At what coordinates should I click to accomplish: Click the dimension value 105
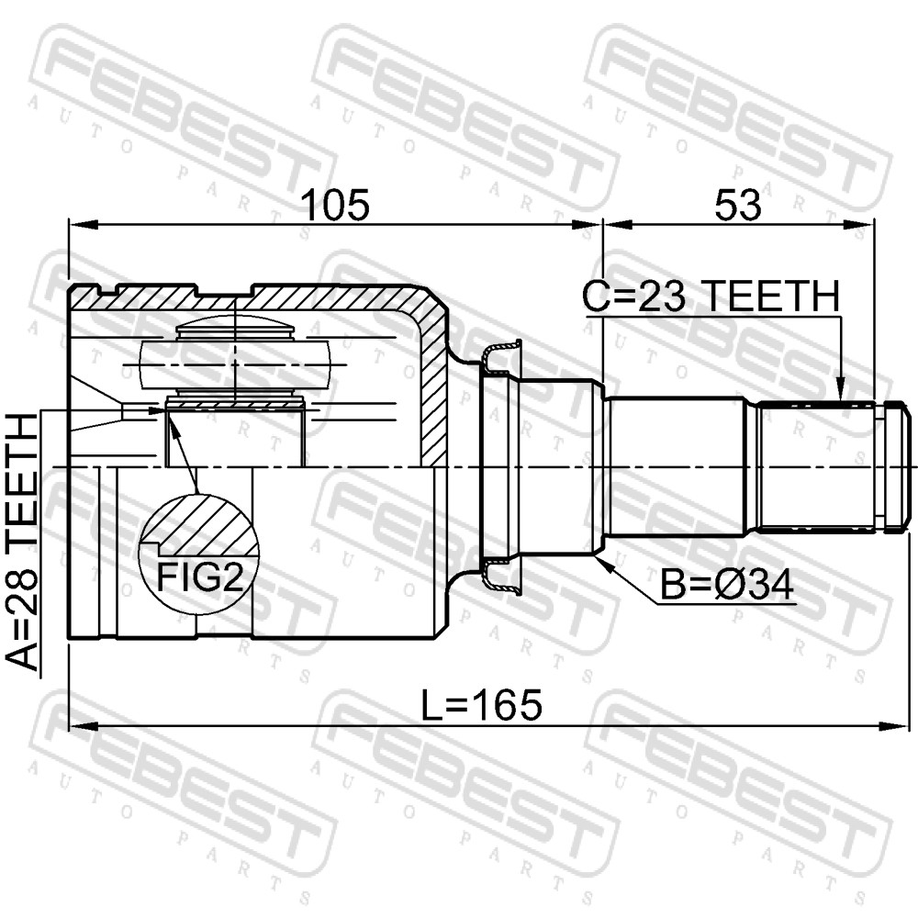(x=335, y=205)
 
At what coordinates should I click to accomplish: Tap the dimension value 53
(x=738, y=205)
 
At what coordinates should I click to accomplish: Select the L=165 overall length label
(x=482, y=705)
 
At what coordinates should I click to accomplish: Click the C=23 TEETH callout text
(x=711, y=296)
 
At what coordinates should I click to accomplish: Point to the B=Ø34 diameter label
(x=726, y=584)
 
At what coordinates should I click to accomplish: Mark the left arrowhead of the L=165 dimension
(x=82, y=726)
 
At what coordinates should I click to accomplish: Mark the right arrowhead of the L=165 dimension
(x=892, y=726)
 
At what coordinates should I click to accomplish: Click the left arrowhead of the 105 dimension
(x=83, y=224)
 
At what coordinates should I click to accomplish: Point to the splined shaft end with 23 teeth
(x=813, y=466)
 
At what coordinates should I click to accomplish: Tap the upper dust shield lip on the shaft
(x=502, y=356)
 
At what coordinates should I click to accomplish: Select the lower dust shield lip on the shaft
(x=502, y=577)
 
